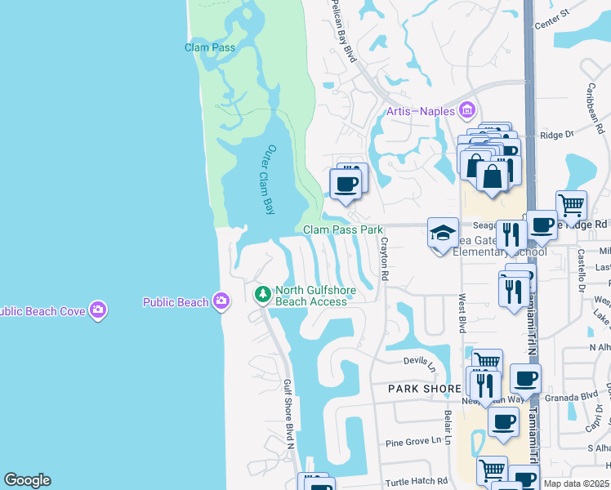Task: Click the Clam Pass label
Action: pyautogui.click(x=210, y=47)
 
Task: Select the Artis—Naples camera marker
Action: pyautogui.click(x=467, y=109)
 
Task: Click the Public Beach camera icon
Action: pyautogui.click(x=221, y=302)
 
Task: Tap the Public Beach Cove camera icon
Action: pyautogui.click(x=99, y=310)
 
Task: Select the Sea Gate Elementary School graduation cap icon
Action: pyautogui.click(x=443, y=234)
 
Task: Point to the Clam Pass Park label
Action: pyautogui.click(x=343, y=230)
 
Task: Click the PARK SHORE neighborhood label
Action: pyautogui.click(x=425, y=389)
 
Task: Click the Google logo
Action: pyautogui.click(x=27, y=480)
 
